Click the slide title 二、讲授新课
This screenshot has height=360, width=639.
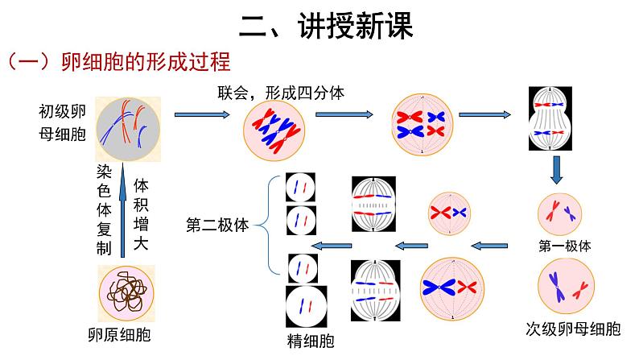[326, 27]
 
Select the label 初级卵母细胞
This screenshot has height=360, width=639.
[62, 122]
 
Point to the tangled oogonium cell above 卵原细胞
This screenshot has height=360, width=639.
[126, 292]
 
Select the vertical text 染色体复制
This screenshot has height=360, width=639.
[103, 210]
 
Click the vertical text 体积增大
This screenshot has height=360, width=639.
[141, 210]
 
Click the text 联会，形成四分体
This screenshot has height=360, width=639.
[282, 93]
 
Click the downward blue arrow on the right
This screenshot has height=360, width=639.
[556, 171]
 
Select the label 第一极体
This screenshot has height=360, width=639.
[564, 246]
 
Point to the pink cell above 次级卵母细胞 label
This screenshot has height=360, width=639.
[566, 287]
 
